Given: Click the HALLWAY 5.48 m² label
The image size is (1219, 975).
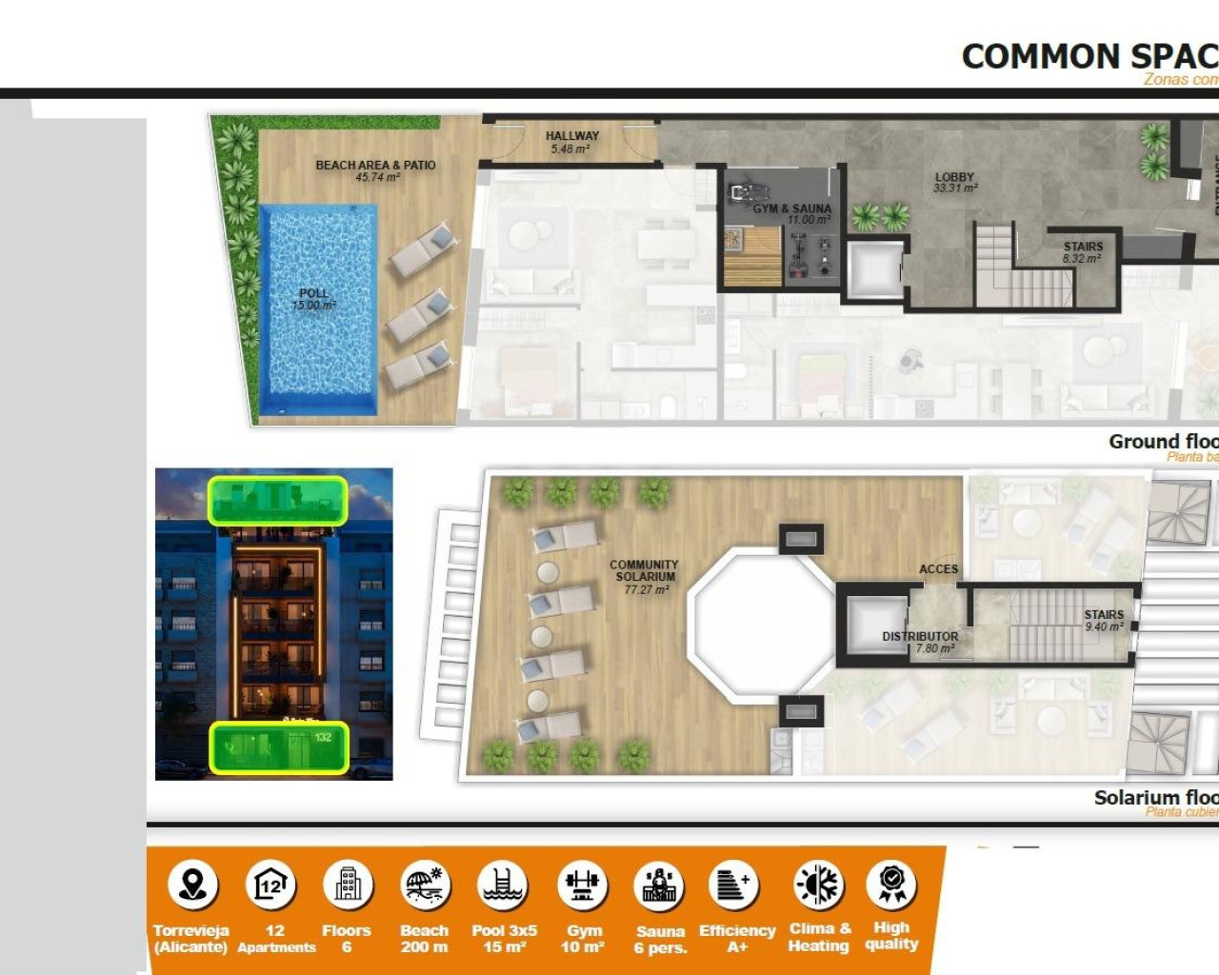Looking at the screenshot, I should pos(571,142).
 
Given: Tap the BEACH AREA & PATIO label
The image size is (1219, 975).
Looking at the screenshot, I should pos(375,170).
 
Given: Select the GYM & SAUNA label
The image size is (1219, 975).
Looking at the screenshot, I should pos(792,213).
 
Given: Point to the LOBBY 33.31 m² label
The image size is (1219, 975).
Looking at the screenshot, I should pos(954,182).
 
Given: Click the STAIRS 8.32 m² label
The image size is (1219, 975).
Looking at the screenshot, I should pos(1083,252).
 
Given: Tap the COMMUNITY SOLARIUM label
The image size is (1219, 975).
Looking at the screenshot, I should pos(645,577).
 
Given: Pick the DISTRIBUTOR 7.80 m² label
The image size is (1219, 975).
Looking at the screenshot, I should pos(920,642).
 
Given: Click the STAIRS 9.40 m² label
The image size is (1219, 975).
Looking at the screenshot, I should pos(1104,621).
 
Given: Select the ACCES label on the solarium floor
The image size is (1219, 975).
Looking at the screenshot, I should pos(938,569).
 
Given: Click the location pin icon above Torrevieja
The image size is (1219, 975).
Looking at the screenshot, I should pos(193,885).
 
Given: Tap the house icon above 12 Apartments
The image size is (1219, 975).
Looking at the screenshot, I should pos(270,885).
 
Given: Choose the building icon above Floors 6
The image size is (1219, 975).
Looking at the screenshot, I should pos(348,885).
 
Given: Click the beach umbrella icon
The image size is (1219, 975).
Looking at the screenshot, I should pos(425,885).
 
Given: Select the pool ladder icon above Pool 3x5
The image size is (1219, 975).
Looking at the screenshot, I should pos(503,885).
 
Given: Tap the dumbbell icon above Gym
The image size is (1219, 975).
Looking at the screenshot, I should pos(582,885).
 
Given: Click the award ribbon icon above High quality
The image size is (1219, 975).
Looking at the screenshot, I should pos(891,884).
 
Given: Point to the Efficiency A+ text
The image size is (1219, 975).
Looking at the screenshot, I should pos(737,938).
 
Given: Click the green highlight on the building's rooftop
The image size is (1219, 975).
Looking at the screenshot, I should pos(277,500).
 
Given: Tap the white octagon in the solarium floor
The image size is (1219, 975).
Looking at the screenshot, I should pos(762,624).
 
